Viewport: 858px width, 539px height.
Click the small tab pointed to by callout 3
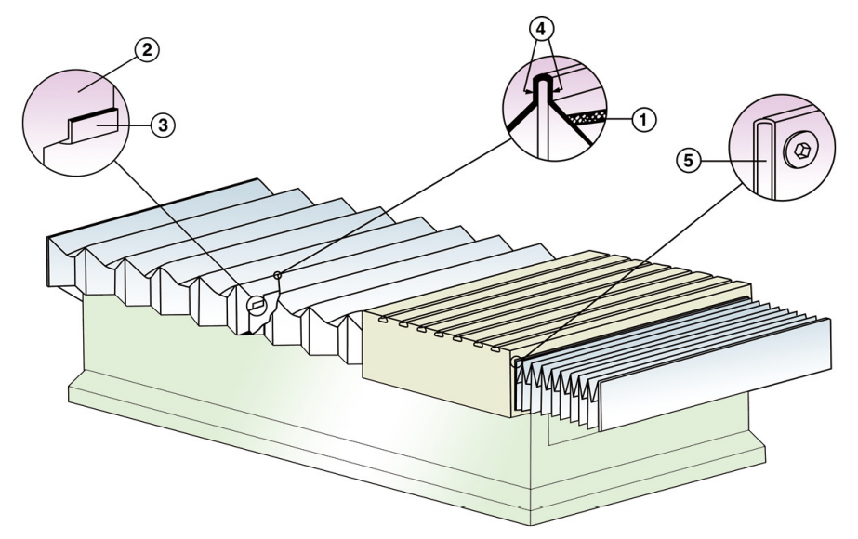(x=93, y=122)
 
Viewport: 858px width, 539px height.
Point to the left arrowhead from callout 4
(x=527, y=92)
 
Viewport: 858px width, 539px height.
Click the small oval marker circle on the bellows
(x=259, y=301)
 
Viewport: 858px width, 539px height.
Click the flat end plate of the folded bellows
(x=716, y=372)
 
